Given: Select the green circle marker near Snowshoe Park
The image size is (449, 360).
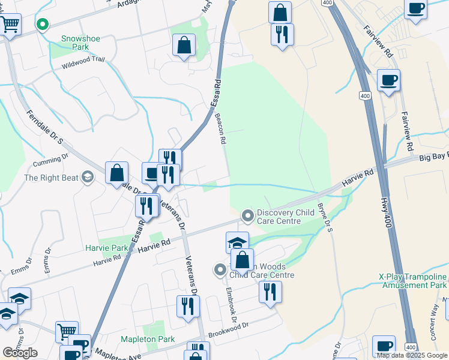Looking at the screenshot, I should click(42, 25).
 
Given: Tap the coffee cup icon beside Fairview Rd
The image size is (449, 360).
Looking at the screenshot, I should click(388, 80).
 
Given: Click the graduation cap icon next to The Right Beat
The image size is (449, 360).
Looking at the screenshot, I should click(88, 176).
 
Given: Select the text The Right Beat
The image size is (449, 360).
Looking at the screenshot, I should click(51, 178).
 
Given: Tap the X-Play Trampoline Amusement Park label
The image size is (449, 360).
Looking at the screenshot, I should click(414, 281).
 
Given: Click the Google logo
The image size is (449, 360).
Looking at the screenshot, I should click(20, 353).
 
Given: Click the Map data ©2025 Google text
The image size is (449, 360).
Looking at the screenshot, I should click(412, 355).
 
